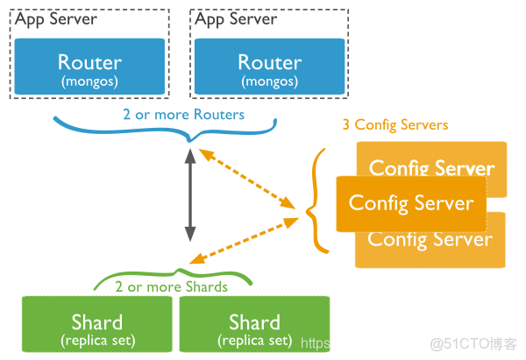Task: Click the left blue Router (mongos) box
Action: [x=89, y=67]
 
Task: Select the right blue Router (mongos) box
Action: [x=269, y=67]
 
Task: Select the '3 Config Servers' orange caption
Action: [x=394, y=125]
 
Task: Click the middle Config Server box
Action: [x=411, y=203]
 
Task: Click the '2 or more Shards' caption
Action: [x=171, y=286]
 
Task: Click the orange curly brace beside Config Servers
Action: [x=317, y=201]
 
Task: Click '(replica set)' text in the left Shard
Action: [x=96, y=340]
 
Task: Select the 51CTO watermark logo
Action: [x=473, y=342]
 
